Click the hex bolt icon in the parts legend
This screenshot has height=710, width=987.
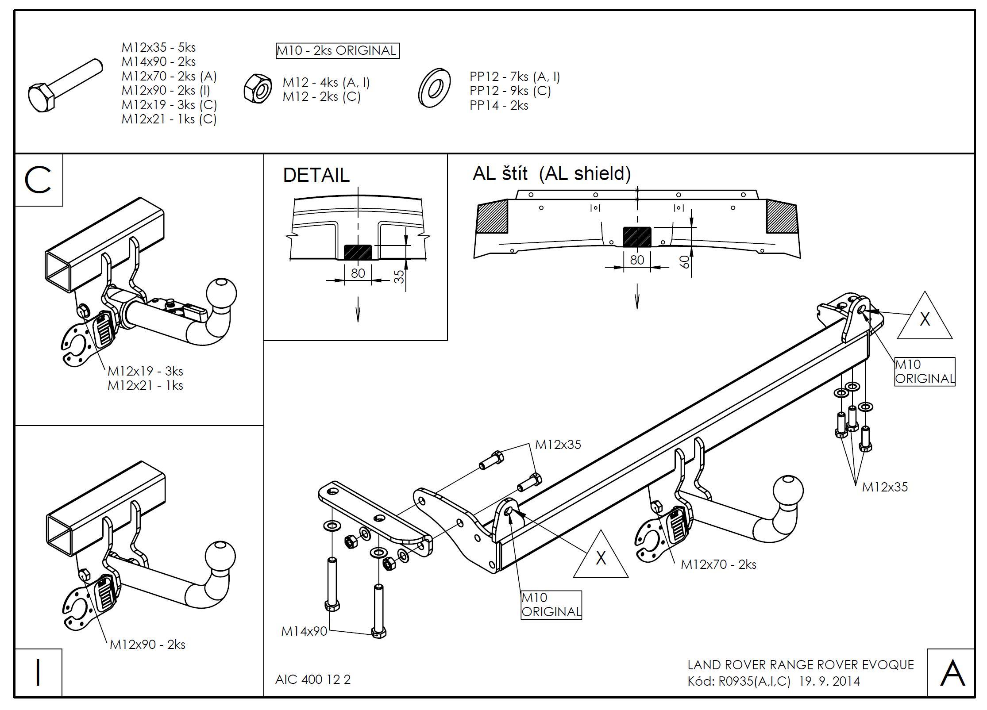pyautogui.click(x=65, y=87)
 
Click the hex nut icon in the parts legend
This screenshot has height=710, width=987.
pyautogui.click(x=258, y=88)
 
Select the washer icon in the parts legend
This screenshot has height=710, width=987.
pyautogui.click(x=434, y=88)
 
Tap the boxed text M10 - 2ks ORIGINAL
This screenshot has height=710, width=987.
pyautogui.click(x=337, y=50)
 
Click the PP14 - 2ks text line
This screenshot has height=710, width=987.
pyautogui.click(x=499, y=105)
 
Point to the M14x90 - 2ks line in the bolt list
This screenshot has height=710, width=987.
pyautogui.click(x=158, y=61)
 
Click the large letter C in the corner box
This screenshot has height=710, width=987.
pyautogui.click(x=38, y=180)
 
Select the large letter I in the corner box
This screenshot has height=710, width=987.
pyautogui.click(x=38, y=673)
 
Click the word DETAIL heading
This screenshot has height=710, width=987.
pyautogui.click(x=316, y=175)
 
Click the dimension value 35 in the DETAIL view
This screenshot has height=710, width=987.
pyautogui.click(x=399, y=276)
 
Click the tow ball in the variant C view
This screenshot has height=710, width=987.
pyautogui.click(x=222, y=293)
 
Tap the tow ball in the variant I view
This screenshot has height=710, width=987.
pyautogui.click(x=220, y=556)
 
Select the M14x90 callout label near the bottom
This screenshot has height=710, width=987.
pyautogui.click(x=304, y=631)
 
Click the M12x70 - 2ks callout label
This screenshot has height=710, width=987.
pyautogui.click(x=718, y=564)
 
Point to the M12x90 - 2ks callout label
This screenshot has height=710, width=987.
pyautogui.click(x=147, y=645)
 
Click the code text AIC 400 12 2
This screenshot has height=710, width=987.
pyautogui.click(x=312, y=679)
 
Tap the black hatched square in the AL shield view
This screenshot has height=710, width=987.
pyautogui.click(x=637, y=237)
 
